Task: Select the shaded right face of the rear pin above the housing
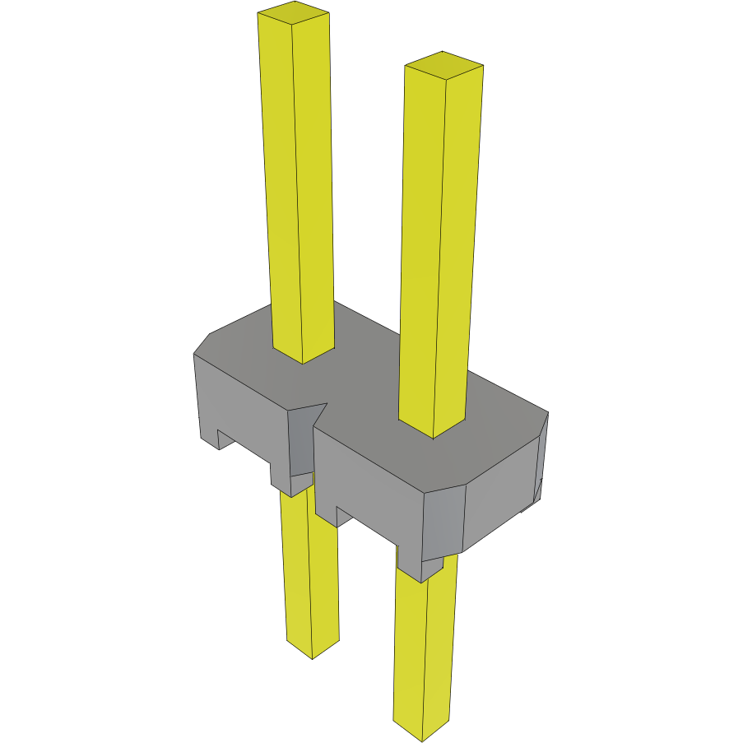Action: pos(314,181)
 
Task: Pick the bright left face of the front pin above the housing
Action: pos(422,247)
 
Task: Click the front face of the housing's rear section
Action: pos(239,403)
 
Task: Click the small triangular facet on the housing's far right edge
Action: pos(539,490)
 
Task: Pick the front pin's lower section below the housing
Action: pos(424,650)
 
